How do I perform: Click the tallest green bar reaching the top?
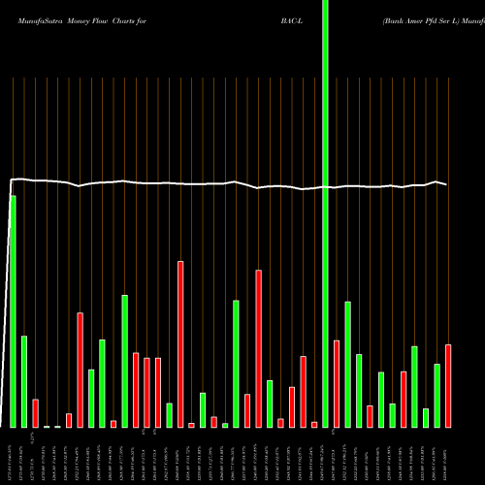325,194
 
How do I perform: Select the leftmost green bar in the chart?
13,310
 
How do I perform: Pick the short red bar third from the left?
35,413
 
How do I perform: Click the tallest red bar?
180,343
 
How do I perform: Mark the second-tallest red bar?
258,348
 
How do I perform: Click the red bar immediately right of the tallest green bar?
337,383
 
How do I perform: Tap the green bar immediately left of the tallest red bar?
169,415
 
